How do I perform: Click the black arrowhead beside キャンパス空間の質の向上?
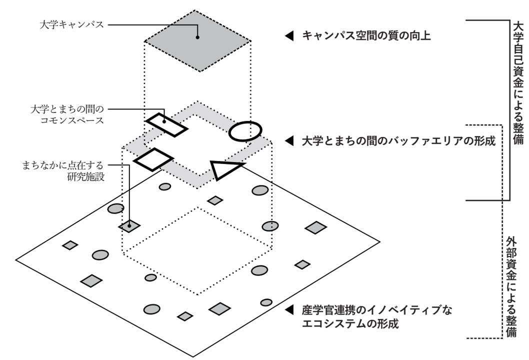point(288,36)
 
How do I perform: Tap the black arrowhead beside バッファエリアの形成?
point(288,141)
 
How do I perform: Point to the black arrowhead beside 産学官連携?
point(288,310)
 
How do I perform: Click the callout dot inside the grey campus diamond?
point(198,37)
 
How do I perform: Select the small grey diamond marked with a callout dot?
point(129,225)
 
